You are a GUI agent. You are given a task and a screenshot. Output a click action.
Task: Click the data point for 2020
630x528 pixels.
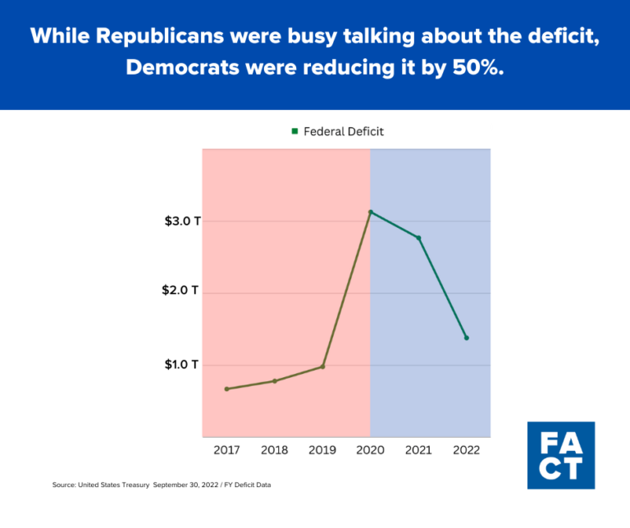[371, 212]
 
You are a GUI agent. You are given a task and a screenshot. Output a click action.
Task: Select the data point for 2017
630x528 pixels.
[226, 389]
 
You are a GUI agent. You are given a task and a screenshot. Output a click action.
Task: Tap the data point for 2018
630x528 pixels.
[274, 381]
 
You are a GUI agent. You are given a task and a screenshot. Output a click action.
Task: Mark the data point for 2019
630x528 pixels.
[322, 366]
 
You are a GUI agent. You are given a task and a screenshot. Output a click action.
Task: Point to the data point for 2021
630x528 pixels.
[418, 238]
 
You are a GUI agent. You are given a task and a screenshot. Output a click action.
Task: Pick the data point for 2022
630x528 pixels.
[467, 338]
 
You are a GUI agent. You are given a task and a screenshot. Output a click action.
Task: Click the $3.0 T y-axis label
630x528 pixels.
[182, 221]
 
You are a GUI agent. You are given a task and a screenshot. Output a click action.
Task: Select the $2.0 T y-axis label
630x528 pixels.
[180, 293]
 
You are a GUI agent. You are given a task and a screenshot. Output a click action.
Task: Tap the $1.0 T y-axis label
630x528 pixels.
[181, 364]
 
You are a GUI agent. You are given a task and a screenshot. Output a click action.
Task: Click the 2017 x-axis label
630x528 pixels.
[226, 450]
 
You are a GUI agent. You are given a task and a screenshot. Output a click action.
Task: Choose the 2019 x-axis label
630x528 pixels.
[322, 450]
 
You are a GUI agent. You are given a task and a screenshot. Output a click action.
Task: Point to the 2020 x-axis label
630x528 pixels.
[371, 450]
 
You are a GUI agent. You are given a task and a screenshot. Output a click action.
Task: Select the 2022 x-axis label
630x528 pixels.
[467, 450]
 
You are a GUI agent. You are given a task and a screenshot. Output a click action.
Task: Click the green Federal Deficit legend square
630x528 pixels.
[294, 131]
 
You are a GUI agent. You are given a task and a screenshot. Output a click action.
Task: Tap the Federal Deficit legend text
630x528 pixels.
[344, 131]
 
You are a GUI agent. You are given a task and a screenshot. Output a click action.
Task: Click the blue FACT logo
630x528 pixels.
[561, 455]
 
